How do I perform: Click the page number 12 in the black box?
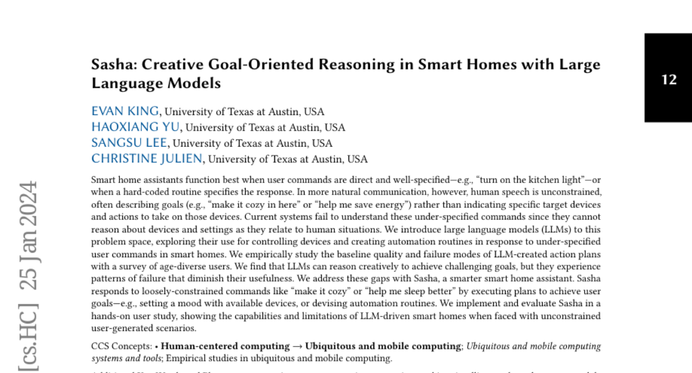pos(669,79)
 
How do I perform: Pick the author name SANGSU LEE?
pos(130,143)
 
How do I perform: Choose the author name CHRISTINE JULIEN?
pos(147,159)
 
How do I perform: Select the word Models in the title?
pos(194,83)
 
